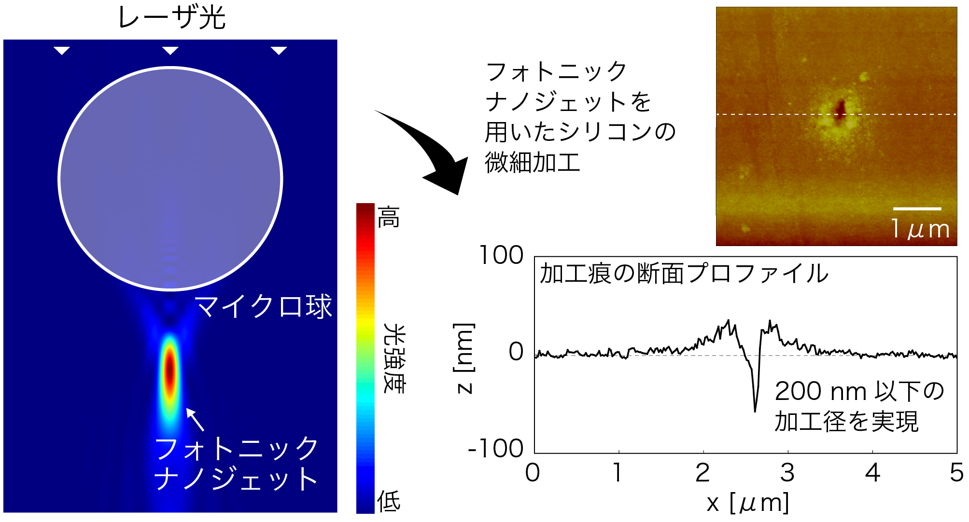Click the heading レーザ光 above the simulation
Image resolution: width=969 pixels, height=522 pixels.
171,18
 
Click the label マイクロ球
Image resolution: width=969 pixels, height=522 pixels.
263,306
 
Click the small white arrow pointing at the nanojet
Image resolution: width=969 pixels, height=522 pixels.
195,419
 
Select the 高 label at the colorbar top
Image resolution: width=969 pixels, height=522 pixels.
389,217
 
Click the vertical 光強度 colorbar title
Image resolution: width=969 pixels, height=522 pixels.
394,358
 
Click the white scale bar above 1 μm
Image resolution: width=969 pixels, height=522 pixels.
917,209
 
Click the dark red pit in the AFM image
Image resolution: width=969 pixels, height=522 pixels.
841,109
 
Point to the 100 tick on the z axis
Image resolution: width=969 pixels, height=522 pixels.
501,255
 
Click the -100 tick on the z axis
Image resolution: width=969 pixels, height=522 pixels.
496,449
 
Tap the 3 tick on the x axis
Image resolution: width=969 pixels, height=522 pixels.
787,473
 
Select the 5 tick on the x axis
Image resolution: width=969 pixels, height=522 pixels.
956,473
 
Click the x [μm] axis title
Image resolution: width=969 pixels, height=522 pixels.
748,503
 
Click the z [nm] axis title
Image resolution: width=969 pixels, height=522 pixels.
464,358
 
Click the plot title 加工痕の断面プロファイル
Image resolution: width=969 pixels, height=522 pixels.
684,274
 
